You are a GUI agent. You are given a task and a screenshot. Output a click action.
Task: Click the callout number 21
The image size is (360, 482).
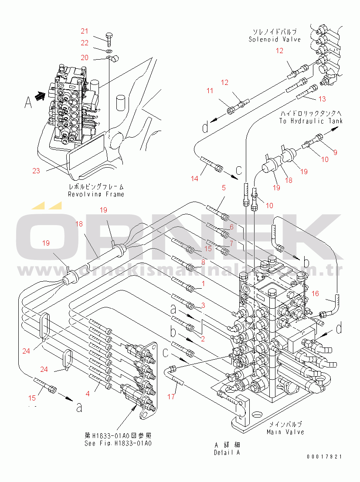85,31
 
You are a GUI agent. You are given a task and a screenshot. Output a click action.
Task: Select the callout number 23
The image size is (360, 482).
36,171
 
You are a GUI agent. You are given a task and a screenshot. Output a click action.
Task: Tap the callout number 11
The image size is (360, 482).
210,91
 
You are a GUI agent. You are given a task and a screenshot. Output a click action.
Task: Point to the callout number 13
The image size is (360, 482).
322,99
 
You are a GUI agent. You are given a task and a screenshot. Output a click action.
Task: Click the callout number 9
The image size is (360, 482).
335,152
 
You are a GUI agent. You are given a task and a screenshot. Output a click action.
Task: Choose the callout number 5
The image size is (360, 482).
224,188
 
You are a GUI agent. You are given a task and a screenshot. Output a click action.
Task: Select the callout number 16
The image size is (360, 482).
315,294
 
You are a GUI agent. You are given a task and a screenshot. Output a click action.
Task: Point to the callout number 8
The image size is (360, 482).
203,262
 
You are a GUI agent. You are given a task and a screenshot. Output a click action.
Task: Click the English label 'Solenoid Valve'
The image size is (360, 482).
275,40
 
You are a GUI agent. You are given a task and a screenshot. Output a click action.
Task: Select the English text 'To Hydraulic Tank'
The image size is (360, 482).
311,121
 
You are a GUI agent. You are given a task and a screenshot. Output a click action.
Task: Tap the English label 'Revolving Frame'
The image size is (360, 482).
96,194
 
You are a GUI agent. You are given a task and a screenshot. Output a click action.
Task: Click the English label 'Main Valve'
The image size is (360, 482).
285,432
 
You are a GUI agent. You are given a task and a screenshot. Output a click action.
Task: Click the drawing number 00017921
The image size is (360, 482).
324,457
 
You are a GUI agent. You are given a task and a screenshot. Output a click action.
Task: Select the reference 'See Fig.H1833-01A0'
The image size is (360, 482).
118,443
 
